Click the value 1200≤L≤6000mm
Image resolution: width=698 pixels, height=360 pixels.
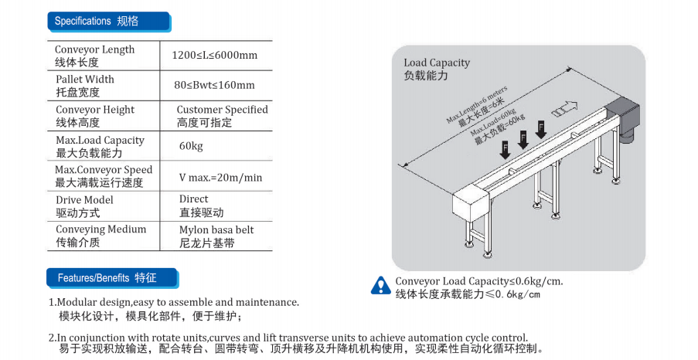214,55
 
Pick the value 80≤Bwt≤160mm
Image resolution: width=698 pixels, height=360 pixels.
214,85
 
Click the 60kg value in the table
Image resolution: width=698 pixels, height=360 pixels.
191,146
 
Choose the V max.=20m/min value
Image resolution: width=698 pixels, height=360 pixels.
220,177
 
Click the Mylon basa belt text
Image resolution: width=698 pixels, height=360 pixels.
216,229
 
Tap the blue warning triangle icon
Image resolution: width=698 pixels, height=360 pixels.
380,285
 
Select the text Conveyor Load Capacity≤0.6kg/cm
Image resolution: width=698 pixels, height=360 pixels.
478,281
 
